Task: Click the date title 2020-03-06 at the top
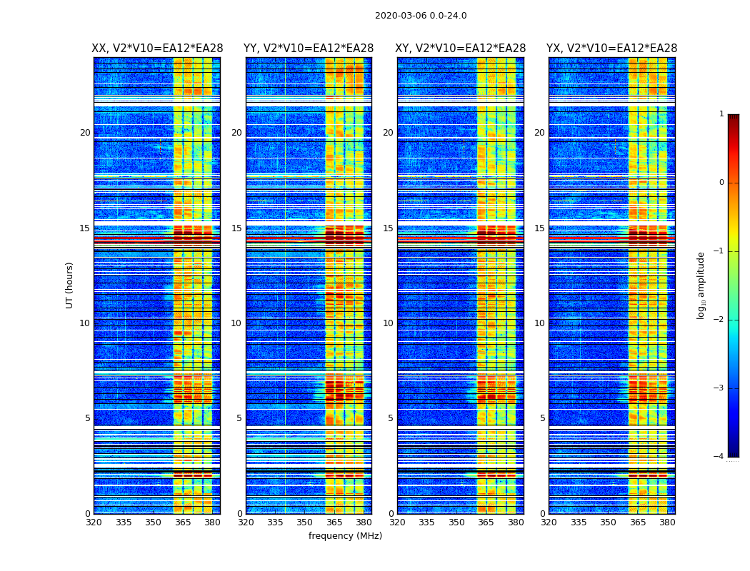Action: (x=421, y=16)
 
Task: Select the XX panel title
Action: (x=157, y=49)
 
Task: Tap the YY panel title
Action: (x=309, y=49)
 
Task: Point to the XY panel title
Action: (x=461, y=49)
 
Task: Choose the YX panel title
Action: (x=612, y=49)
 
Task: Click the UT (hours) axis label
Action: (x=70, y=285)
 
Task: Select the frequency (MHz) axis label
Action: (x=345, y=536)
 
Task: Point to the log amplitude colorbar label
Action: (x=701, y=285)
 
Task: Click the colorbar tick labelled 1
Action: (x=721, y=114)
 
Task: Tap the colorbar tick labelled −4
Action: (x=720, y=457)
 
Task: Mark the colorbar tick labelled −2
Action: (x=720, y=320)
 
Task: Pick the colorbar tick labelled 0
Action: (x=721, y=183)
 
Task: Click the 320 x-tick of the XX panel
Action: (x=94, y=522)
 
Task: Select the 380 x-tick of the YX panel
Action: (x=667, y=522)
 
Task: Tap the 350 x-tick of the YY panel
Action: (x=305, y=522)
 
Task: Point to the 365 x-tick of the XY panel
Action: (x=486, y=522)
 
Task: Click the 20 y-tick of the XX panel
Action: (x=85, y=133)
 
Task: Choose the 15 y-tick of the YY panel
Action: (x=236, y=228)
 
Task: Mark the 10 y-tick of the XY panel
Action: (x=388, y=323)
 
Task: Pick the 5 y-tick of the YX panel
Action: (x=542, y=418)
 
